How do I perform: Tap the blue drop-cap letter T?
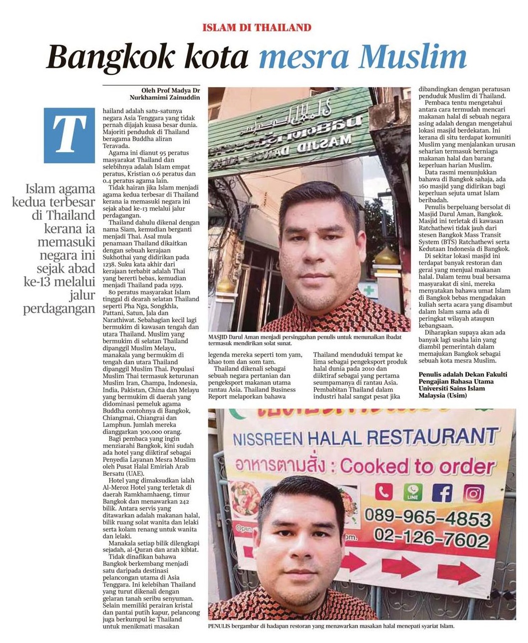[x=69, y=135]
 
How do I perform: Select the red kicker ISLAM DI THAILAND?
[x=257, y=28]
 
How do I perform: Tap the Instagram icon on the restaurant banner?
[x=473, y=493]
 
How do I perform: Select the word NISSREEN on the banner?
[x=268, y=439]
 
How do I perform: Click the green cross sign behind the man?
[x=369, y=290]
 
